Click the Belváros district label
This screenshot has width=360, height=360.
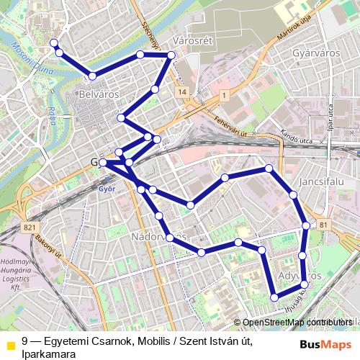(99, 94)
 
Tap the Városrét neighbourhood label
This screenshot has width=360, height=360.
(194, 41)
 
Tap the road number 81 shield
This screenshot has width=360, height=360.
(322, 226)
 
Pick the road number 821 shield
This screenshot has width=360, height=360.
(30, 228)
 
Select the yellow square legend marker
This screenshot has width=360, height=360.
(10, 343)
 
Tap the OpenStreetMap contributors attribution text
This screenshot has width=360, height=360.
(297, 322)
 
